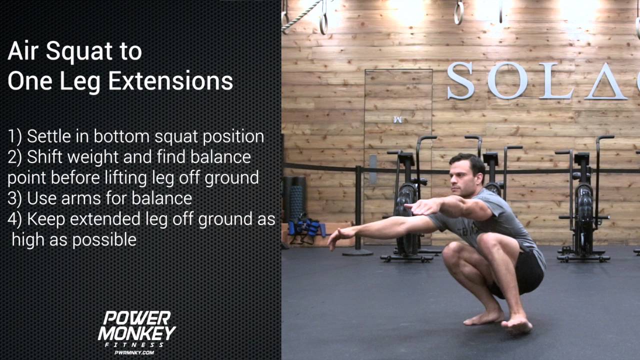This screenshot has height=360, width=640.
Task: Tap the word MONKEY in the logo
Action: (x=136, y=333)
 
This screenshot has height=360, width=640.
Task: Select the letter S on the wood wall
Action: (x=460, y=80)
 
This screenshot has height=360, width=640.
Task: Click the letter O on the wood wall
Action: (x=507, y=80)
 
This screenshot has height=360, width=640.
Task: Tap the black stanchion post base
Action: (x=357, y=252)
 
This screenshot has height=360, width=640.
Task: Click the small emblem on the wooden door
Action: (x=398, y=119)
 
